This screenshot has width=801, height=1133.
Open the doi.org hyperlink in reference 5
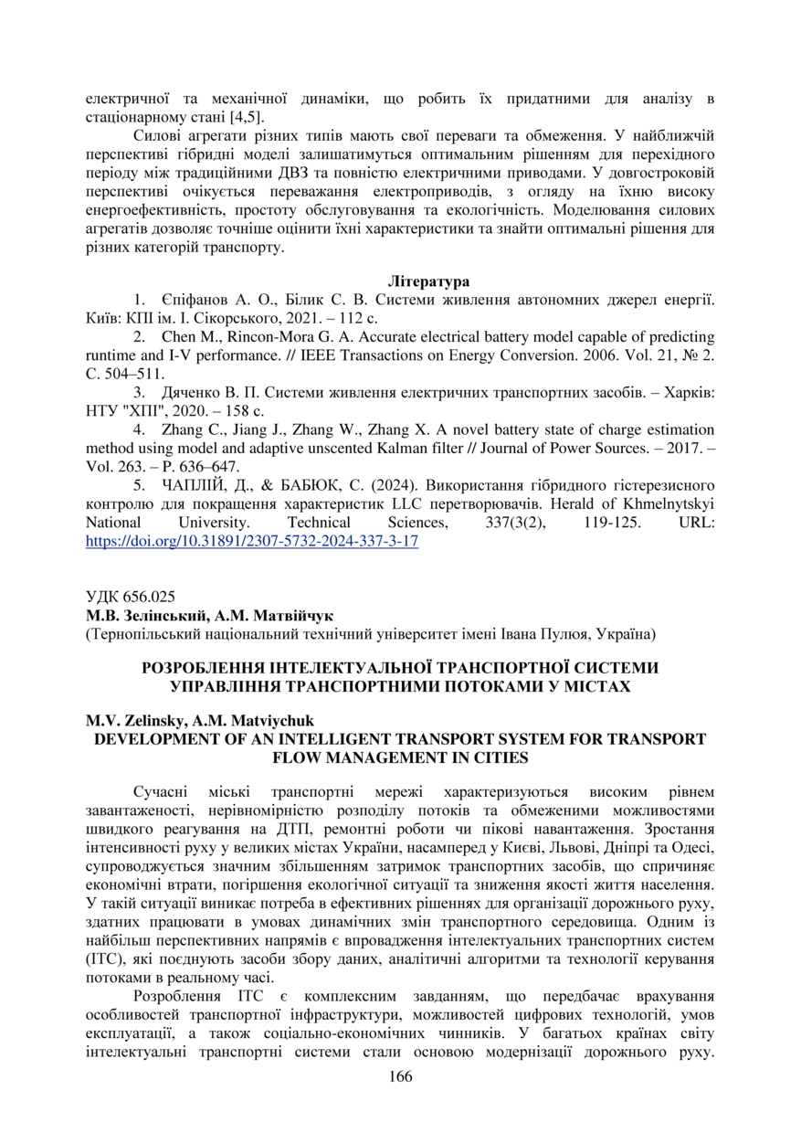coord(251,541)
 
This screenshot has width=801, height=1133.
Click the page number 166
coord(400,1076)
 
